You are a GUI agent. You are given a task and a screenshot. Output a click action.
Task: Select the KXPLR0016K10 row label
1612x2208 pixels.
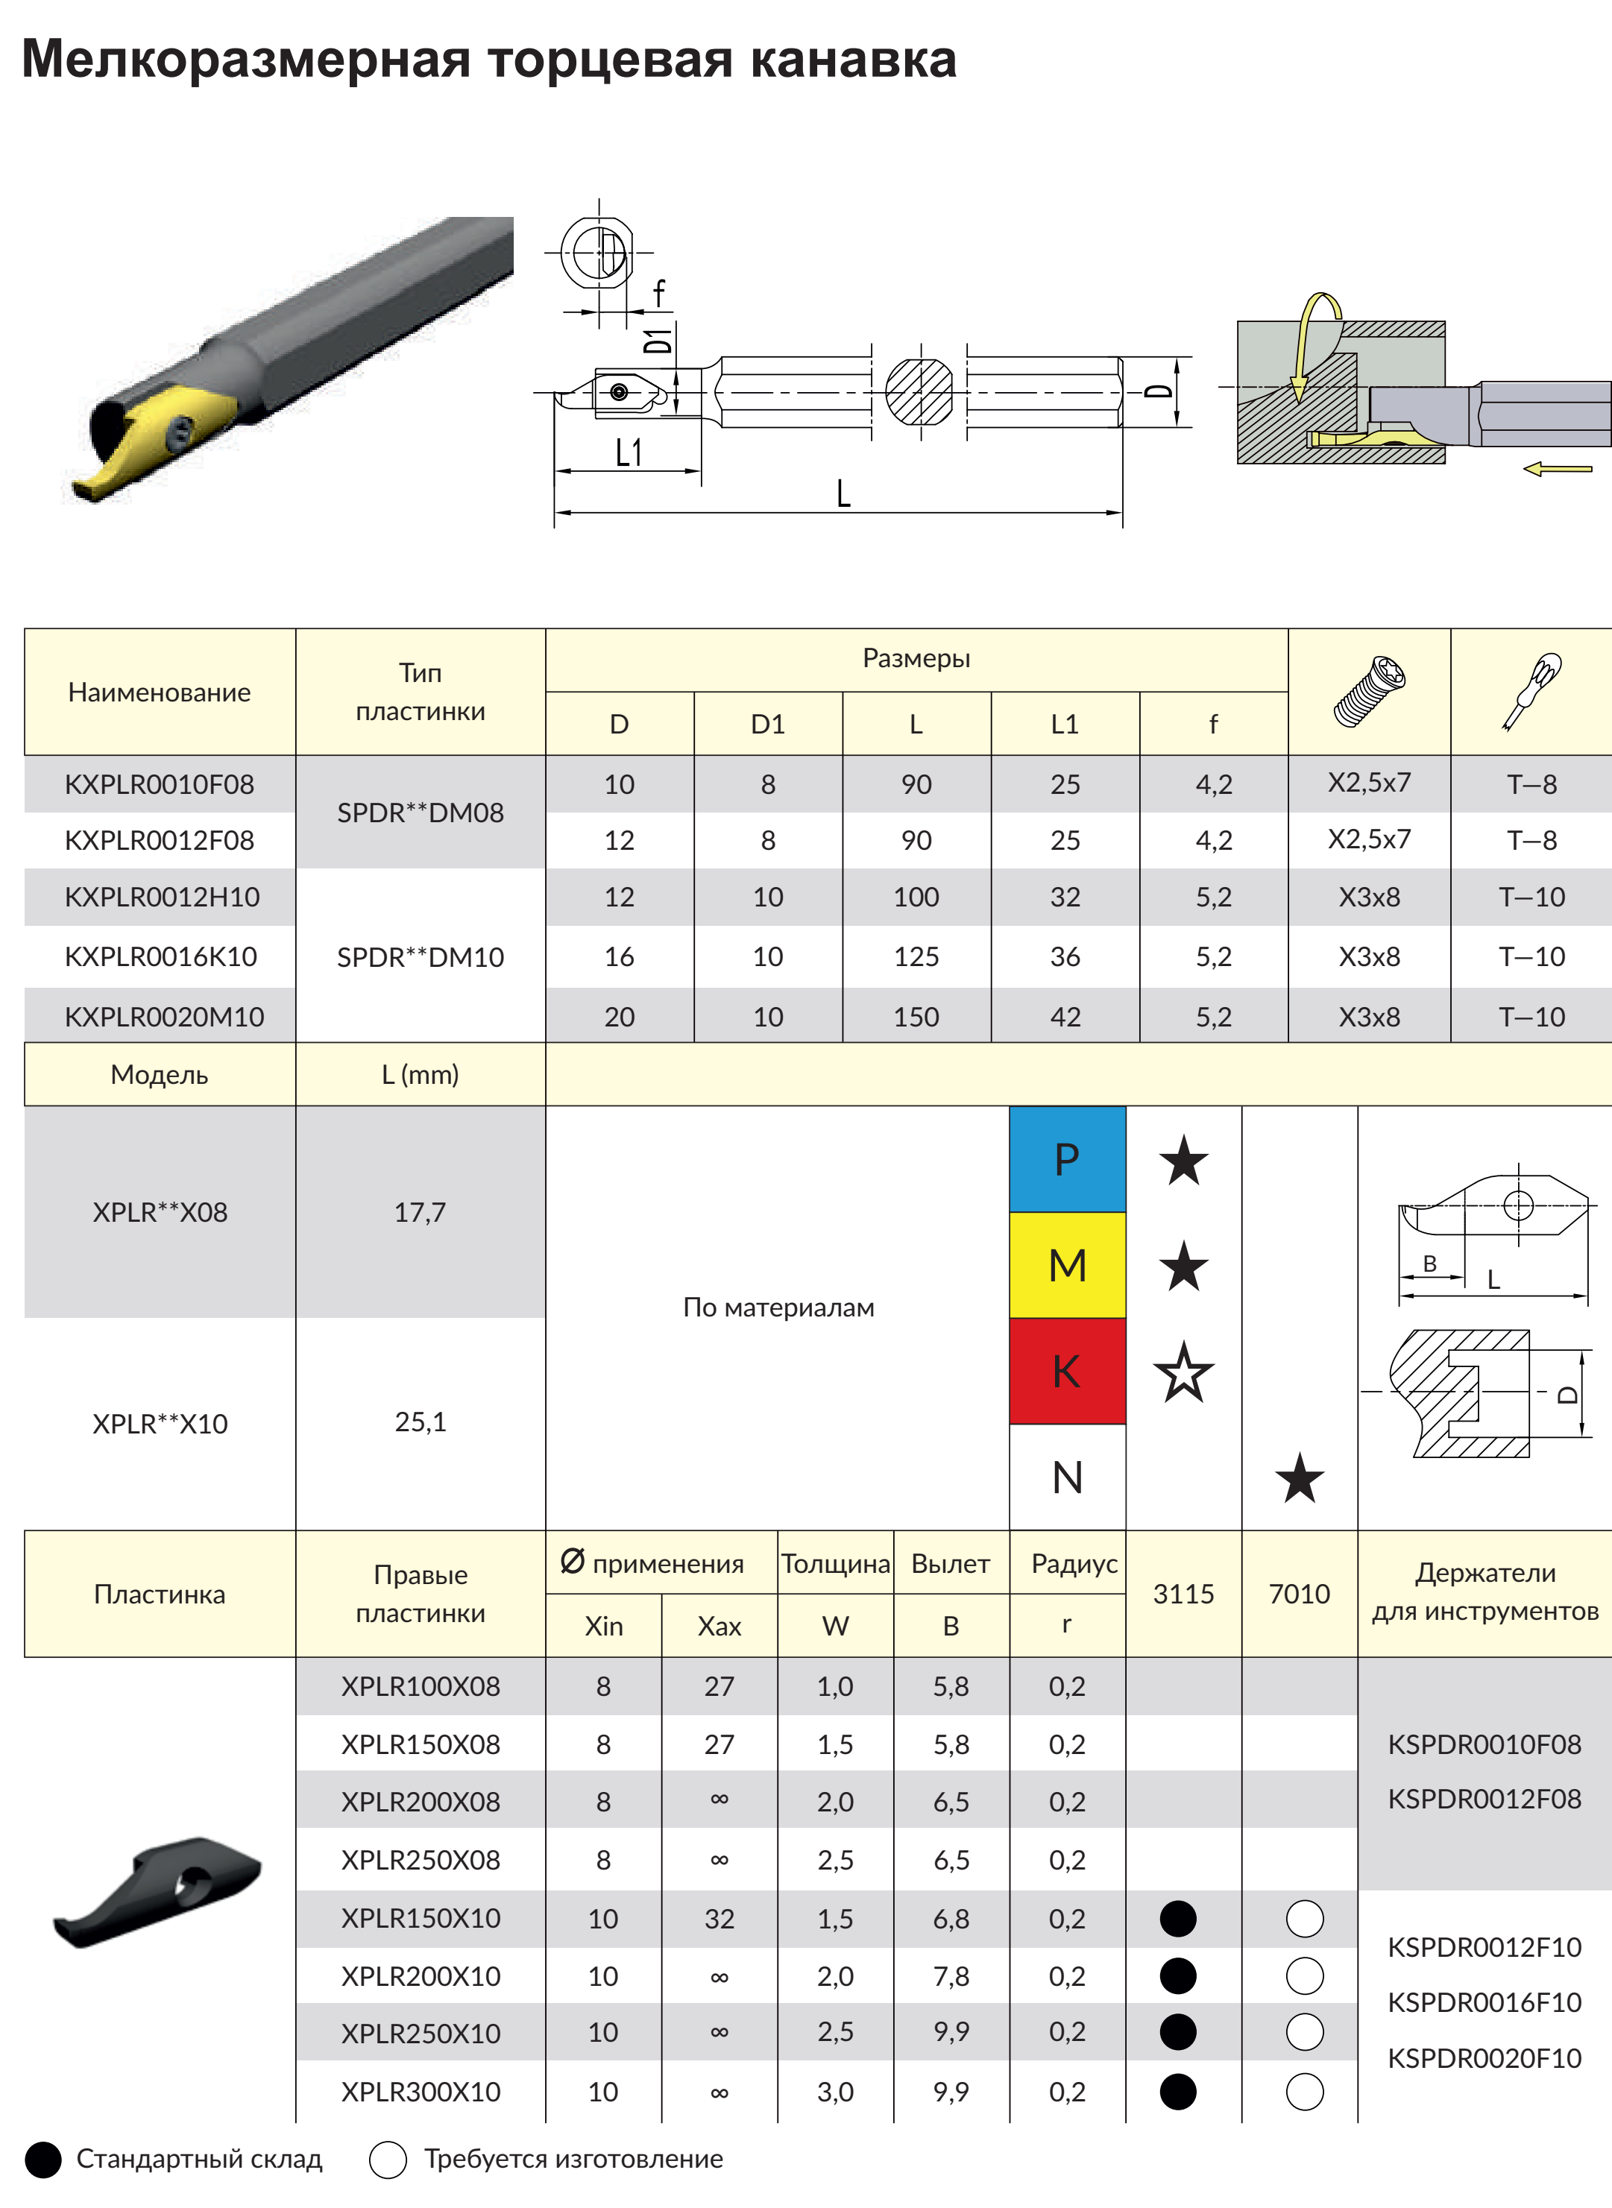pos(161,957)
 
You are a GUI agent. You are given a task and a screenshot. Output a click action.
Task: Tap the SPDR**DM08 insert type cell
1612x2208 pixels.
pos(421,813)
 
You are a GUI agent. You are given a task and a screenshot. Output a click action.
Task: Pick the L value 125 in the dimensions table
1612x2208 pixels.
pos(916,957)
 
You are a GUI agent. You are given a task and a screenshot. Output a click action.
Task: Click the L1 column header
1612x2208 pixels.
pos(1065,725)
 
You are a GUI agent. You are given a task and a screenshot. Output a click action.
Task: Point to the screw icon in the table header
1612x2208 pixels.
pos(1368,692)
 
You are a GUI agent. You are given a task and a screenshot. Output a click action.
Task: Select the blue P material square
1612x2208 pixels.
pos(1068,1159)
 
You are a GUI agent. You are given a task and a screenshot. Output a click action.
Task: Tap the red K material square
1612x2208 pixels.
pos(1068,1371)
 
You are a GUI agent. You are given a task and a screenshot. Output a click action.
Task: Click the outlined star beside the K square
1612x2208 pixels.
pos(1183,1372)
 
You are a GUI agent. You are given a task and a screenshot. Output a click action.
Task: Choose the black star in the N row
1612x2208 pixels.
pos(1300,1478)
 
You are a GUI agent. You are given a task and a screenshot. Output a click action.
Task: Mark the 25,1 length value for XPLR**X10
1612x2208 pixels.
pos(421,1422)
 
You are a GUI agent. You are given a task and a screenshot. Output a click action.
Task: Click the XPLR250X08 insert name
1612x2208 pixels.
pos(421,1861)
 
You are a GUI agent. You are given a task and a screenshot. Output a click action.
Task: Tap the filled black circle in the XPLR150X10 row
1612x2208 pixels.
pos(1178,1918)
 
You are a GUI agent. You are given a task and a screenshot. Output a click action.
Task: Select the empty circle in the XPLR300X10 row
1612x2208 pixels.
pos(1305,2092)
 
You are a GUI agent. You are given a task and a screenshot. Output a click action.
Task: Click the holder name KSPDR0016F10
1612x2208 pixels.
pos(1485,2003)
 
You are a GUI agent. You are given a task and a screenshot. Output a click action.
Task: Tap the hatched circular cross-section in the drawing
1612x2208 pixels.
pos(919,392)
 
